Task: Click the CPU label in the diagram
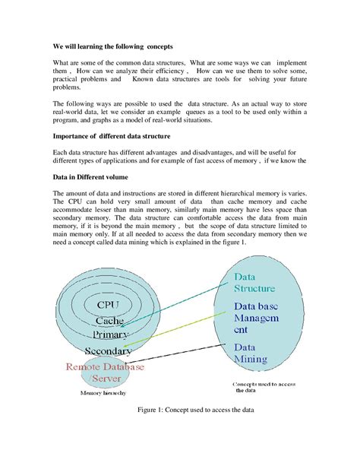click(110, 305)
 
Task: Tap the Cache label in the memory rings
click(110, 320)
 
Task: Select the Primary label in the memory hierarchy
click(111, 334)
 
